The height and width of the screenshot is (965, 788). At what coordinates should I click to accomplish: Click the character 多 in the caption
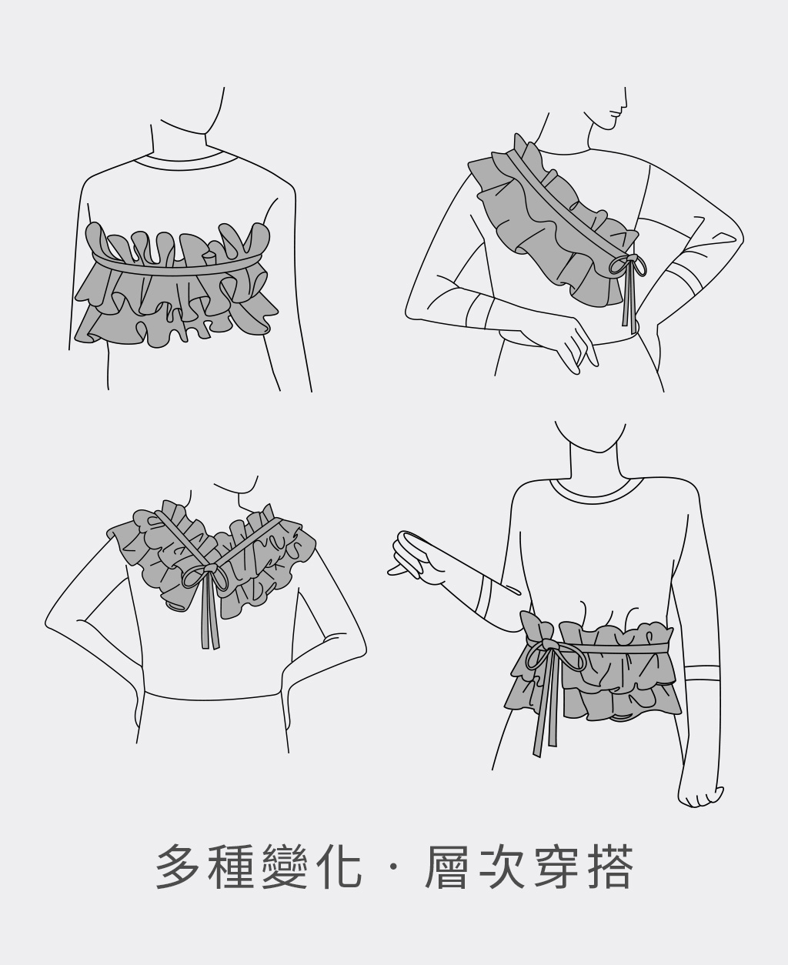(179, 867)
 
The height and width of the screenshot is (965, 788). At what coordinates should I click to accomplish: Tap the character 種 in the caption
(231, 867)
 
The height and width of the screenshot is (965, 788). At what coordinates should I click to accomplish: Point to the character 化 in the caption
(337, 867)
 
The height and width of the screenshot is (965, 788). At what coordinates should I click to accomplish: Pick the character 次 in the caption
(501, 867)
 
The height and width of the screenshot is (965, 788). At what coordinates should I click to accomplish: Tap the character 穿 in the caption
(555, 867)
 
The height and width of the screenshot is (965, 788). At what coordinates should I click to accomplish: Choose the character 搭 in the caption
(609, 867)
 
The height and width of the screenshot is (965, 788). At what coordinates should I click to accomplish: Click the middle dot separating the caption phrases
(392, 867)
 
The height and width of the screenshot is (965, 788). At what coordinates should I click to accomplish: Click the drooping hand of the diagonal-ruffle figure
(576, 345)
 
